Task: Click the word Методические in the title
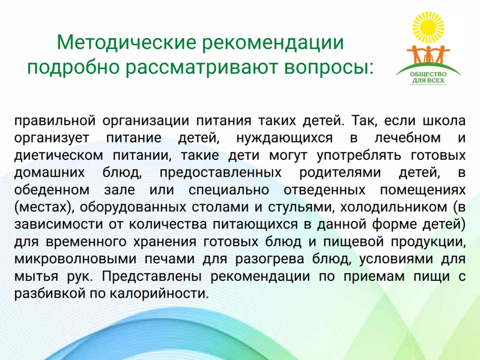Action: click(126, 42)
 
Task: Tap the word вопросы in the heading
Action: click(329, 67)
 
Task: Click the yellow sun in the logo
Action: click(428, 28)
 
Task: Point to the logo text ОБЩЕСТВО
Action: click(428, 75)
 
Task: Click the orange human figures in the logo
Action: click(428, 55)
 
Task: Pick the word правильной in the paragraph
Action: click(55, 121)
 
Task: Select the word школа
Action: click(444, 120)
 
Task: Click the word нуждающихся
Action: click(285, 138)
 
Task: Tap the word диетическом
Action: click(59, 155)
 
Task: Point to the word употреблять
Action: click(359, 156)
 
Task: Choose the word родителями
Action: click(340, 172)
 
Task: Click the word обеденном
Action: click(52, 190)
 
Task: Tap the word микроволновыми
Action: click(75, 259)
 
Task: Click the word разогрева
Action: click(270, 259)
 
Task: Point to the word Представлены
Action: click(152, 277)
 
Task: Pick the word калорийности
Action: click(159, 294)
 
